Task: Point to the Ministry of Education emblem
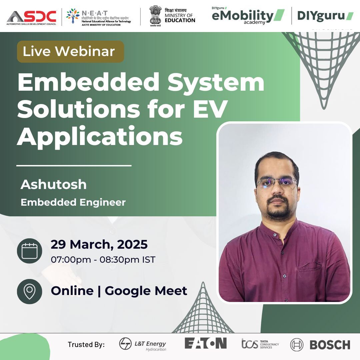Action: (155, 15)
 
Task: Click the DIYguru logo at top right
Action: (325, 16)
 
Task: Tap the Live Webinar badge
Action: (70, 52)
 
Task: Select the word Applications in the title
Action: (100, 136)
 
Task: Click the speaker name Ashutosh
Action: (54, 184)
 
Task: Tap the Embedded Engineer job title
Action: (73, 202)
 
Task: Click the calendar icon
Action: (29, 251)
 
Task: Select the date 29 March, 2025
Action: (99, 244)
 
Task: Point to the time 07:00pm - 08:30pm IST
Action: (103, 259)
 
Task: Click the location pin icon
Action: (29, 291)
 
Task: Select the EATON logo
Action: (206, 343)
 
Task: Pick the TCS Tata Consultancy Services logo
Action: (260, 344)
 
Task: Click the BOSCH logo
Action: (320, 344)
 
